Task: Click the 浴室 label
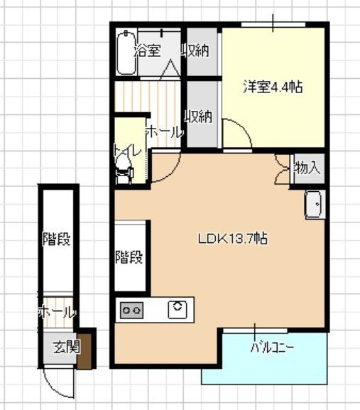pos(148,50)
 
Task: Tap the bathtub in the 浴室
pos(125,51)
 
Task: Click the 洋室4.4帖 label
pos(273,87)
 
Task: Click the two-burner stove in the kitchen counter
pos(132,310)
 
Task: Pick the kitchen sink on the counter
pos(177,308)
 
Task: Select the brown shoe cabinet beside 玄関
pos(85,349)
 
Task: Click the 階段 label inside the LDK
pos(130,257)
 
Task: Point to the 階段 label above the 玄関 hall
pos(56,239)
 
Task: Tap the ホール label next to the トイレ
pos(164,131)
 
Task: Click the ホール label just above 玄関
pos(57,312)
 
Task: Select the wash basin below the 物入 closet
pos(315,205)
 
